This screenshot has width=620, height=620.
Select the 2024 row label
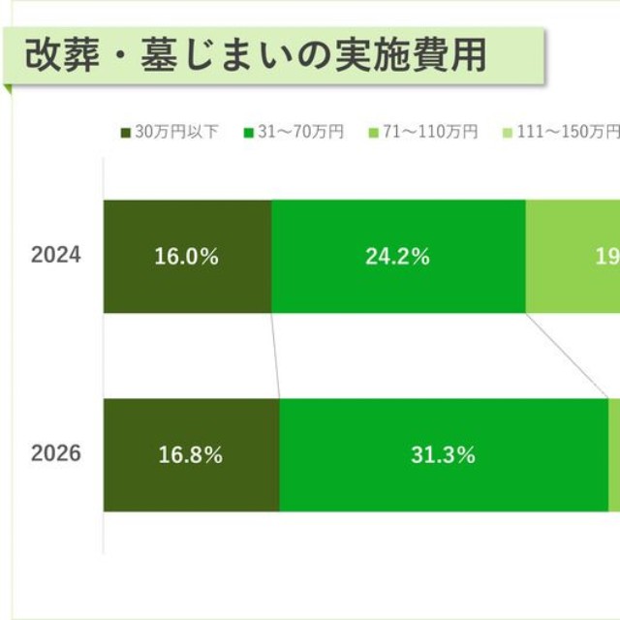tap(56, 257)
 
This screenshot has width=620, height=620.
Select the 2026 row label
tap(56, 454)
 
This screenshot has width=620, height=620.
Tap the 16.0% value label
tap(186, 258)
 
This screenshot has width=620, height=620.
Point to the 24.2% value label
tap(397, 258)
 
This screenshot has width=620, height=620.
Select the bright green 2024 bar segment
tap(397, 286)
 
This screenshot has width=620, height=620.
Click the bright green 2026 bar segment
tap(443, 484)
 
